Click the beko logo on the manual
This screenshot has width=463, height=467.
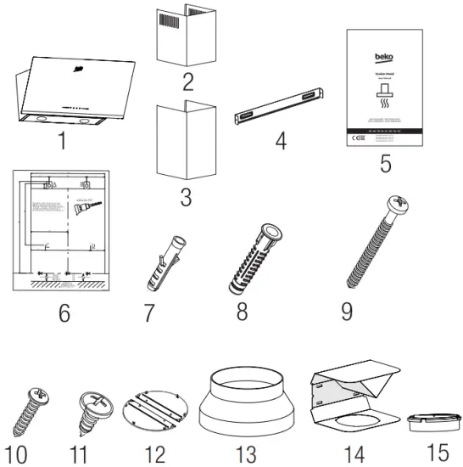384,59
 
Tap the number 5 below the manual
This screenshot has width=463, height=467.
385,164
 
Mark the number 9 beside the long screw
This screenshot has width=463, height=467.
347,310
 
